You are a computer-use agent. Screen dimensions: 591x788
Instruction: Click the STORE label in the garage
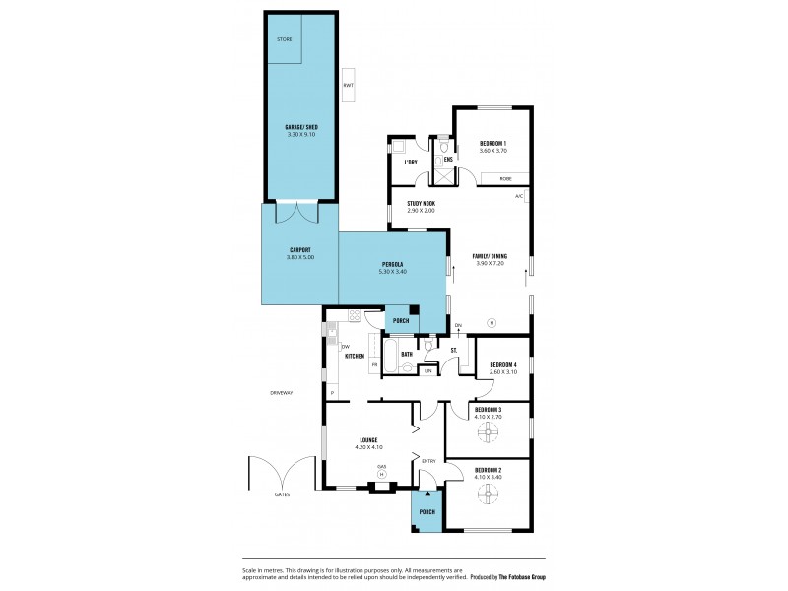(284, 39)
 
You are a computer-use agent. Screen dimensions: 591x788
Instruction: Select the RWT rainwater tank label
(348, 85)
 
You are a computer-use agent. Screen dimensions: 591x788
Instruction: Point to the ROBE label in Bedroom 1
(505, 178)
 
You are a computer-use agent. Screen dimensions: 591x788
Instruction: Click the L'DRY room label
(411, 162)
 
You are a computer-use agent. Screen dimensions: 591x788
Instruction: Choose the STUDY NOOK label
(422, 204)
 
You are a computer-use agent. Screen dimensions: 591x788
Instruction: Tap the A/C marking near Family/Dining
(519, 197)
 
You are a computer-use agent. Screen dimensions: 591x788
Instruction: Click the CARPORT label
(300, 250)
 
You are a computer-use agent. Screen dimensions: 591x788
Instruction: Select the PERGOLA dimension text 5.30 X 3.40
(392, 271)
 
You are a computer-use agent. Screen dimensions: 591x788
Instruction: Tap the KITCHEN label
(355, 356)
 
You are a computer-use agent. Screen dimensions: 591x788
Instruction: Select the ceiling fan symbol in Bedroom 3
(488, 432)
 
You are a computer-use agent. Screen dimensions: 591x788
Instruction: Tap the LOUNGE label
(368, 441)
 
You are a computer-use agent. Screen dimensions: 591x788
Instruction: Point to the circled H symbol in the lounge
(382, 474)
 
